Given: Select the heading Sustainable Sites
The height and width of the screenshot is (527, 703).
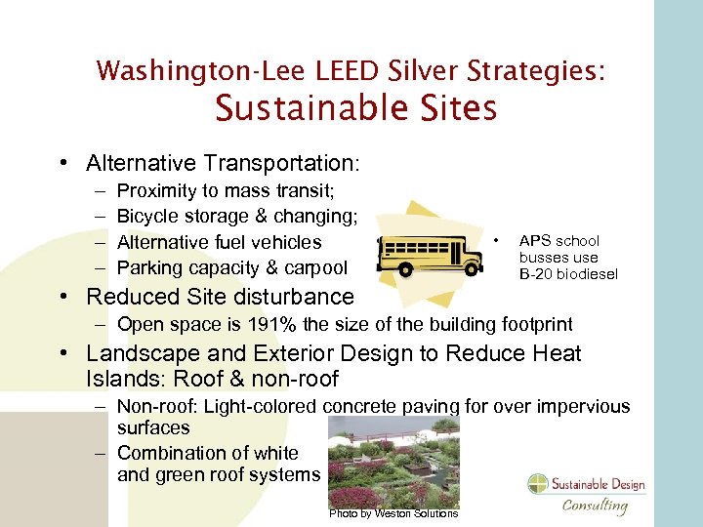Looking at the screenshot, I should click(x=355, y=107).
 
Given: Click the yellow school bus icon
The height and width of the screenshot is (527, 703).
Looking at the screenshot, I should click(x=430, y=254).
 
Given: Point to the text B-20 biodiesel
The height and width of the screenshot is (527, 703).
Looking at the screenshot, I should click(x=568, y=274).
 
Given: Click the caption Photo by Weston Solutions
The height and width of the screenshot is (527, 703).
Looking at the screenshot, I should click(x=393, y=513).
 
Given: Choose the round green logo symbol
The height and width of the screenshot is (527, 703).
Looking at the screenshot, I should click(x=539, y=484).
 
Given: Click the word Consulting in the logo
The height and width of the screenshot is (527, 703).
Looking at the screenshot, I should click(x=595, y=505).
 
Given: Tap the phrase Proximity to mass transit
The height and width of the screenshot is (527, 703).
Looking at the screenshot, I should click(x=226, y=190).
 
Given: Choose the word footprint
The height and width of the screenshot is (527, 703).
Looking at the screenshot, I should click(x=536, y=324).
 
